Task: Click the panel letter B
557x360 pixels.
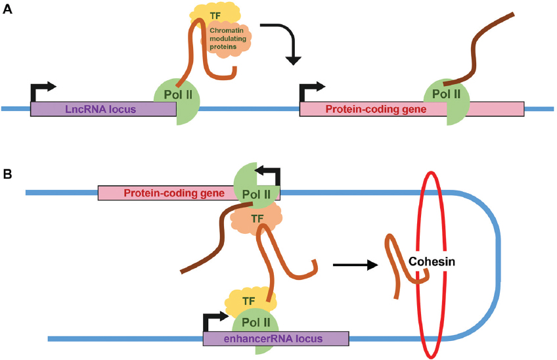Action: click(x=8, y=174)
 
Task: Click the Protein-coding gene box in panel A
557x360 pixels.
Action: click(x=368, y=110)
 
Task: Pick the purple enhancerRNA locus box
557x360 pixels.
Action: click(x=276, y=339)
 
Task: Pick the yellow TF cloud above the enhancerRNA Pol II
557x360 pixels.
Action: click(x=248, y=301)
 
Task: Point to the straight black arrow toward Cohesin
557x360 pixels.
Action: click(x=355, y=265)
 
